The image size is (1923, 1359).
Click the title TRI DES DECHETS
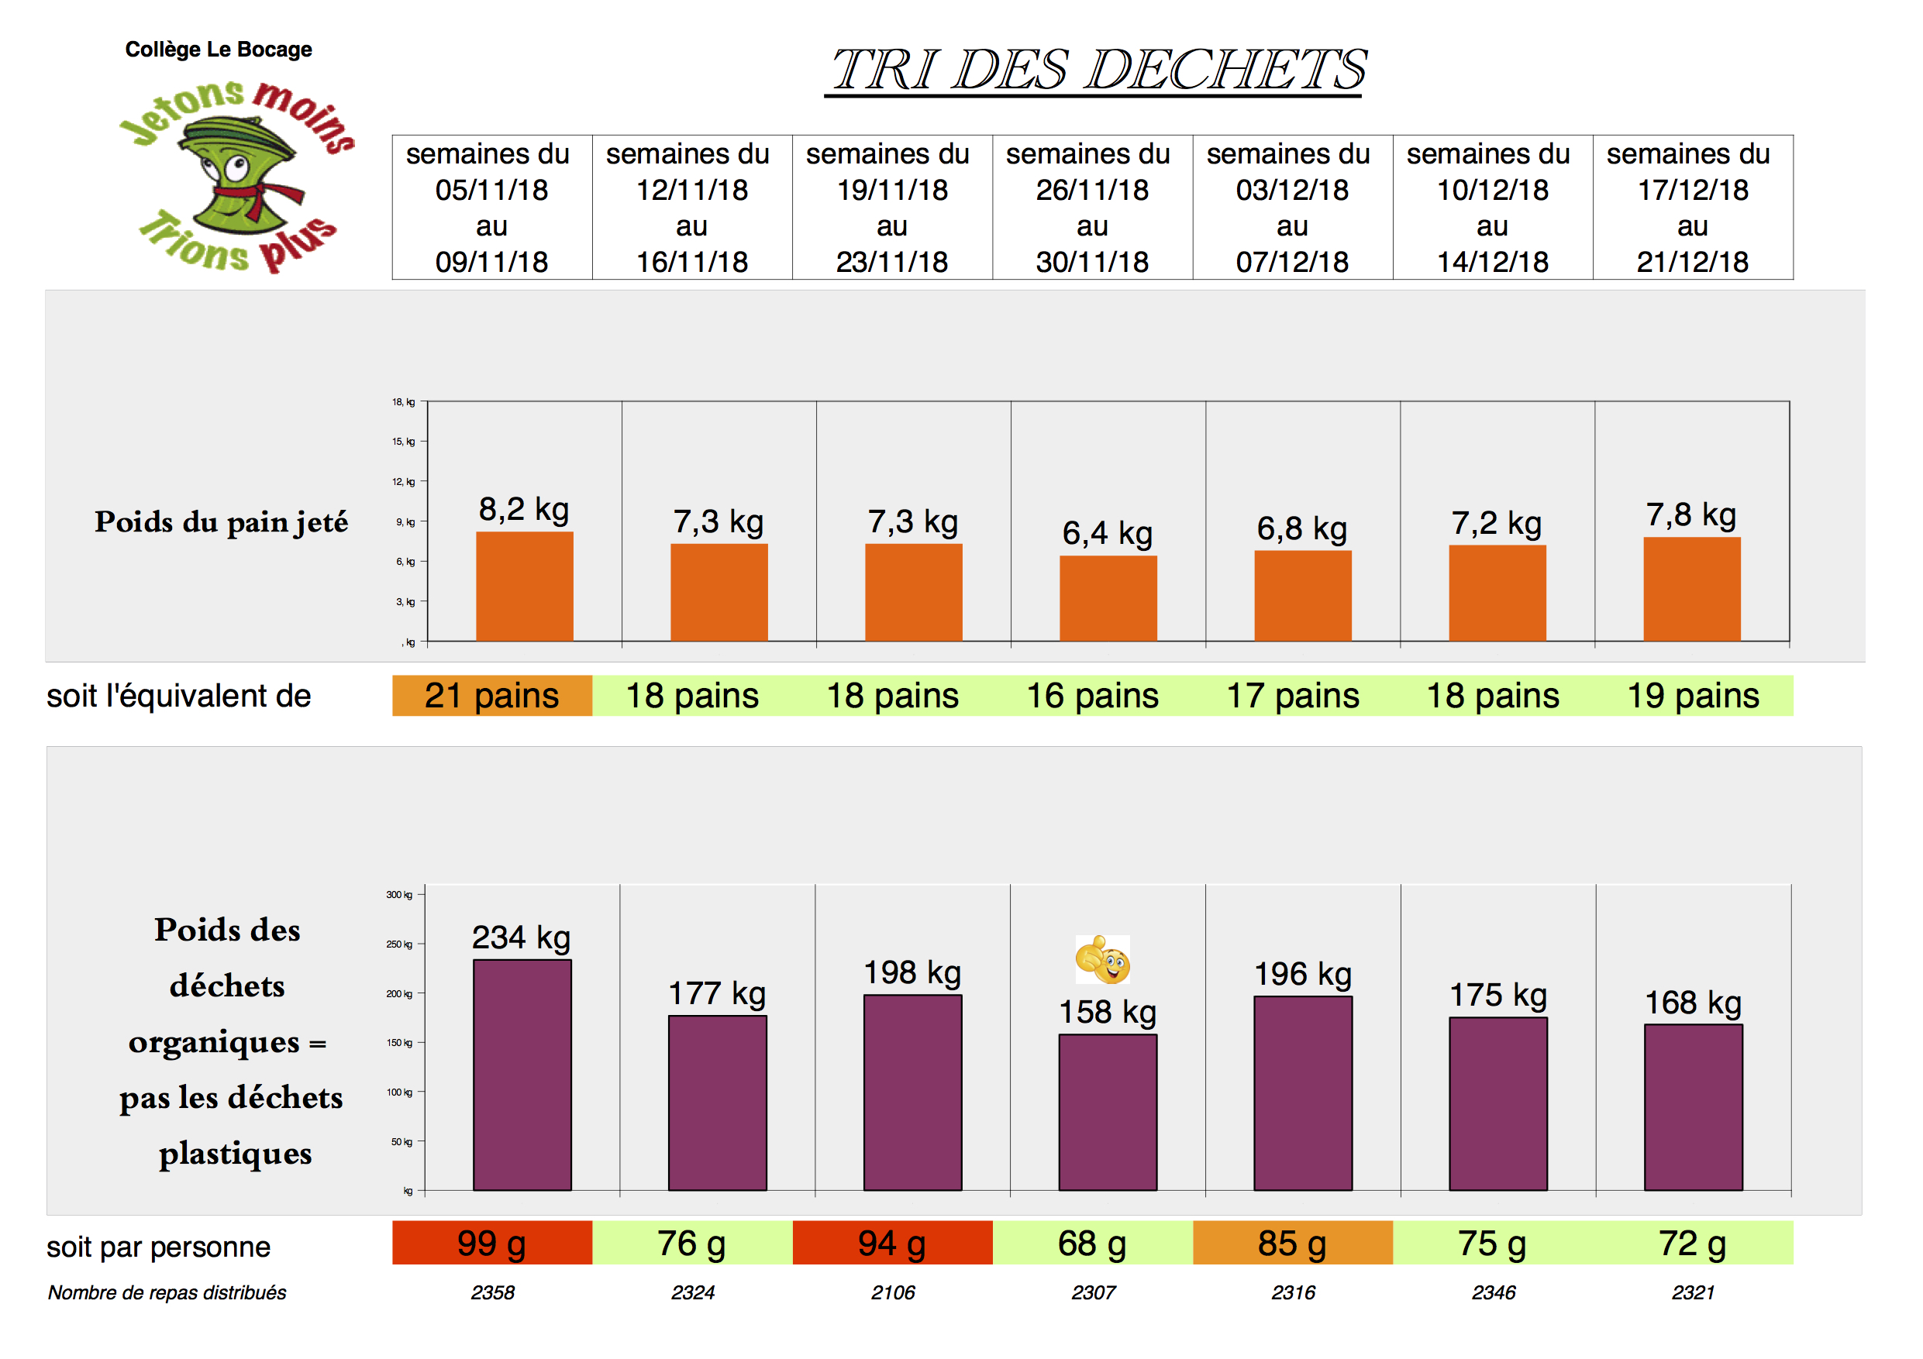[1098, 69]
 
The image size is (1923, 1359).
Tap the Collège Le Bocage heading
[218, 50]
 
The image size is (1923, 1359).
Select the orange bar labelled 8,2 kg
[524, 587]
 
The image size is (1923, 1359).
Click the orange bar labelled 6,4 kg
[1108, 598]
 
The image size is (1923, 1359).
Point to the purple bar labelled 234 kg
[522, 1075]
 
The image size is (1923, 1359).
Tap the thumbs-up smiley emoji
[1102, 959]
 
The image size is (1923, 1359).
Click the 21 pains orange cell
[491, 696]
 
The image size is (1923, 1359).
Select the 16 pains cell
[1092, 696]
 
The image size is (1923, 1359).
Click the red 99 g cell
[491, 1244]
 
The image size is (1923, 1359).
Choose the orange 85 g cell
[1291, 1244]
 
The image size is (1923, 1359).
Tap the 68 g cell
[1092, 1244]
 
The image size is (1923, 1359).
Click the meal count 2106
[893, 1292]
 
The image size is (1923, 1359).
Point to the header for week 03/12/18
[1291, 208]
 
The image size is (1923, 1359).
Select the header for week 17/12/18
[1692, 208]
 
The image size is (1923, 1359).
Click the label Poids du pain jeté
[221, 521]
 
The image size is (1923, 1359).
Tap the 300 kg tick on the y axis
[399, 894]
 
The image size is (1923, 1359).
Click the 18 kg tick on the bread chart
[404, 402]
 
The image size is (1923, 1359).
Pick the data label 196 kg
[1302, 974]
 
